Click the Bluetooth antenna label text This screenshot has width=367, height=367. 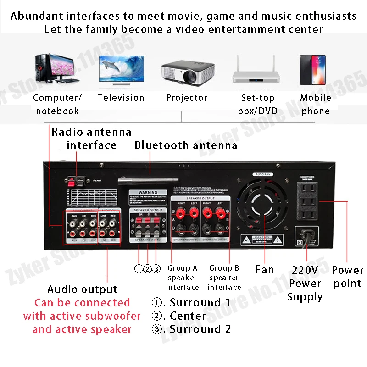tap(186, 145)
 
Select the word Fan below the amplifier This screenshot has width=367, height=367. tap(265, 270)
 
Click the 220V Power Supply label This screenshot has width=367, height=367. tap(305, 283)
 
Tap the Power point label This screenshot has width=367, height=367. tap(347, 277)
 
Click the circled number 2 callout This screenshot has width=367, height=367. tap(148, 269)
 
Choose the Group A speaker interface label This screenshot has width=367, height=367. tap(182, 278)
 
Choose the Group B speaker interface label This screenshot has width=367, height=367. tap(224, 278)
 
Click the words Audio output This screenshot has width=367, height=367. tap(82, 289)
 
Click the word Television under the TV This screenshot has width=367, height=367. tap(121, 98)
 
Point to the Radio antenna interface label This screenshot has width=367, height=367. tap(91, 139)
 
